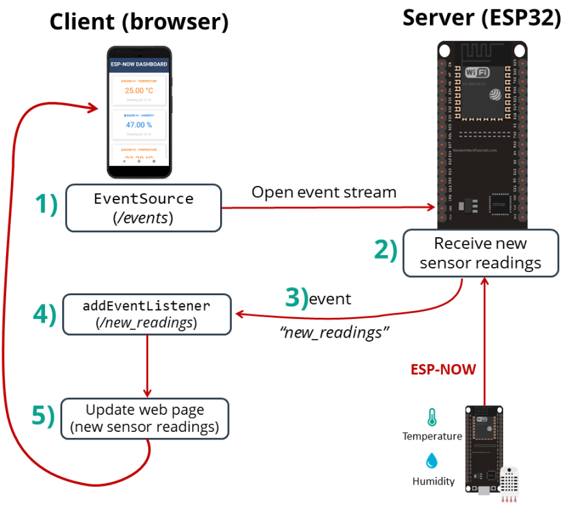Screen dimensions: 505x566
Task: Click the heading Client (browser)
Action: pos(139,22)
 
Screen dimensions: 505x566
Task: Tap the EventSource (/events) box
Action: pos(144,207)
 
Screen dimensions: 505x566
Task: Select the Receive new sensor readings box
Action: pos(481,253)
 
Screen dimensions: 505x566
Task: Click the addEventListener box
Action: pos(146,314)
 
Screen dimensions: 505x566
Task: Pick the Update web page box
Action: pos(144,418)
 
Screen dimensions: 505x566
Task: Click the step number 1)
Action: pos(46,204)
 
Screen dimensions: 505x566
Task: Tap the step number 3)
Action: pos(296,298)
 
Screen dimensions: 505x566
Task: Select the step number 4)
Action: pos(44,314)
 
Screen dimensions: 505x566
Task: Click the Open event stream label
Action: pos(323,192)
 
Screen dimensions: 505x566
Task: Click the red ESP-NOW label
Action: pos(443,369)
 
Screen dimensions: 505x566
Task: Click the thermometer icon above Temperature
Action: pos(431,417)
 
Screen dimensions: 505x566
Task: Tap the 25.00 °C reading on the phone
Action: pos(139,90)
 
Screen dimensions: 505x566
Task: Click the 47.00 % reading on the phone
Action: pos(139,125)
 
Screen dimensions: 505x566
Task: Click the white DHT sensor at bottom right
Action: pos(512,484)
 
